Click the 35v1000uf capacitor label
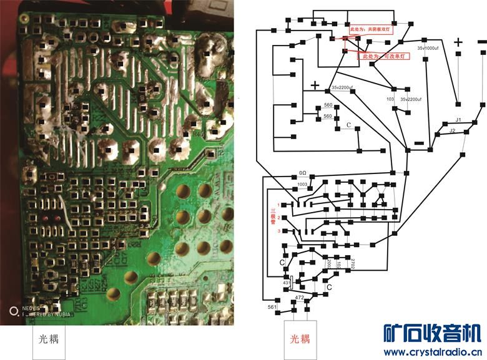point(430,47)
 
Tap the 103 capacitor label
point(390,99)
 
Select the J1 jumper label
point(458,119)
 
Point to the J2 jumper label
point(453,130)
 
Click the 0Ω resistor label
point(302,173)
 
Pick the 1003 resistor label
point(302,184)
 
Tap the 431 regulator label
point(287,283)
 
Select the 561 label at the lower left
point(272,307)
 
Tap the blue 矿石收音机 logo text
point(431,334)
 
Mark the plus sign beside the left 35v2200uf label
point(315,85)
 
